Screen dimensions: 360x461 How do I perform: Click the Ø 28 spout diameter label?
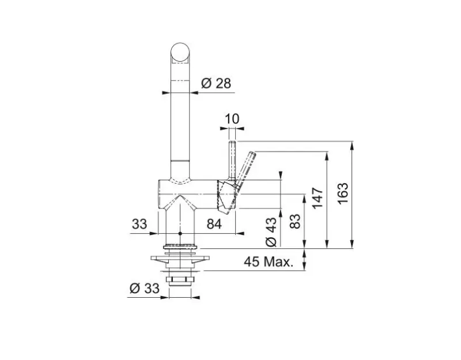point(216,84)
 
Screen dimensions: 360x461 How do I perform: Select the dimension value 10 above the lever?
point(232,119)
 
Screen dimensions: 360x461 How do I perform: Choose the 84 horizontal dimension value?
point(214,224)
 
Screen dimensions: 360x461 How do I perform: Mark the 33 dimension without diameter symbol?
point(139,224)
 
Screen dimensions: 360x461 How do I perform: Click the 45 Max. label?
point(269,262)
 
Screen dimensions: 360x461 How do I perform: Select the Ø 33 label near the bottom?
point(143,289)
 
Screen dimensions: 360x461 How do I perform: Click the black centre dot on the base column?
point(180,234)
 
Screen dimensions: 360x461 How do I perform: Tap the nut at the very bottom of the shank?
point(180,281)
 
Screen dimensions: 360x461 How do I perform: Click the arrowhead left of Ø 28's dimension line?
point(167,93)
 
